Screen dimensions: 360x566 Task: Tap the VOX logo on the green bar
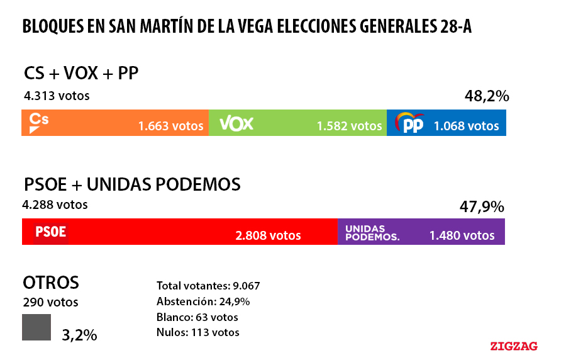[x=236, y=123]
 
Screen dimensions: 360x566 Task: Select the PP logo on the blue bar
[x=410, y=123]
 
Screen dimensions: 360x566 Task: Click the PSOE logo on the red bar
[x=50, y=232]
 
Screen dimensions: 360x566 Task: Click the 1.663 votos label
[x=171, y=127]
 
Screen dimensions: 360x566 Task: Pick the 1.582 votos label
[x=349, y=127]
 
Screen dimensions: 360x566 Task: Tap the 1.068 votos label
[x=466, y=127]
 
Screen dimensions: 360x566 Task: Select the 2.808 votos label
[x=268, y=236]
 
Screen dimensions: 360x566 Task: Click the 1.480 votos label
[x=462, y=236]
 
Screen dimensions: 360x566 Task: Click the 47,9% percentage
[x=482, y=206]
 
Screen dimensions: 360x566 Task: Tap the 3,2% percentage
[x=79, y=335]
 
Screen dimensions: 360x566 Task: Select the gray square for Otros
[x=36, y=327]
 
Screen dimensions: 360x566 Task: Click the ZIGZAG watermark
[x=514, y=346]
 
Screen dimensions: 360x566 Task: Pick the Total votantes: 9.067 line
[x=208, y=285]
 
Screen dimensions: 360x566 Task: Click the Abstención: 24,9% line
[x=203, y=301]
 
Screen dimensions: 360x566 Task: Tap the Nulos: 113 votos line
[x=198, y=332]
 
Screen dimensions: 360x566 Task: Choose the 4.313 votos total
[x=57, y=96]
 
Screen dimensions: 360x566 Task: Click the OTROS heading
[x=51, y=282]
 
